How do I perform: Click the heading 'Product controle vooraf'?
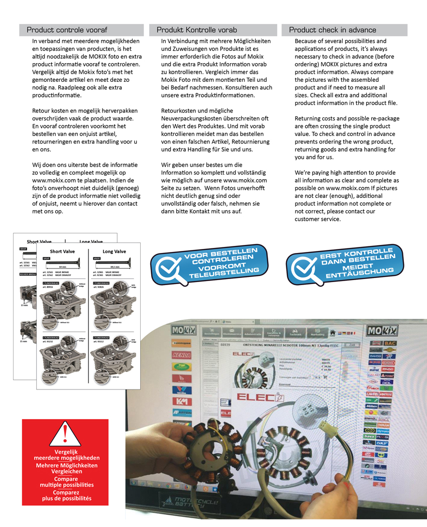[x=67, y=30]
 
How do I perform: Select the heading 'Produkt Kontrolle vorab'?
[x=196, y=30]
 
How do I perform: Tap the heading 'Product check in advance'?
[x=332, y=30]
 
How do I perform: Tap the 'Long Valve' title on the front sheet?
[x=114, y=251]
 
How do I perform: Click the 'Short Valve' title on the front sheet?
[x=62, y=251]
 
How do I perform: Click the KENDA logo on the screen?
[x=182, y=355]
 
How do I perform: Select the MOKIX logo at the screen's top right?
[x=383, y=331]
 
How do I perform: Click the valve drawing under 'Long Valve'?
[x=114, y=265]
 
